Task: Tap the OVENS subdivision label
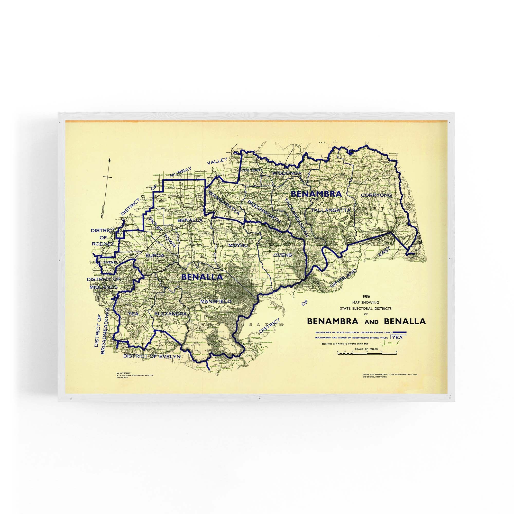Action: click(x=283, y=255)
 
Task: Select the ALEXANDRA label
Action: click(x=171, y=314)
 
